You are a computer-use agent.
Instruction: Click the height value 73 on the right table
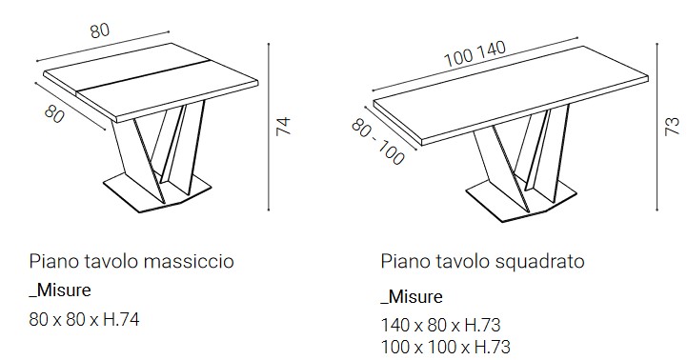pos(672,124)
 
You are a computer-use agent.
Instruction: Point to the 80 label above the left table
pos(99,30)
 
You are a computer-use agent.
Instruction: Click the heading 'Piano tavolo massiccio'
pos(131,260)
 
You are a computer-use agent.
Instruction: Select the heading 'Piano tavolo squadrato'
pos(482,260)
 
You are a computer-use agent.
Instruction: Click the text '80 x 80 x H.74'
pos(85,320)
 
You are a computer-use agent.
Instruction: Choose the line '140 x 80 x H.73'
pos(441,325)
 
